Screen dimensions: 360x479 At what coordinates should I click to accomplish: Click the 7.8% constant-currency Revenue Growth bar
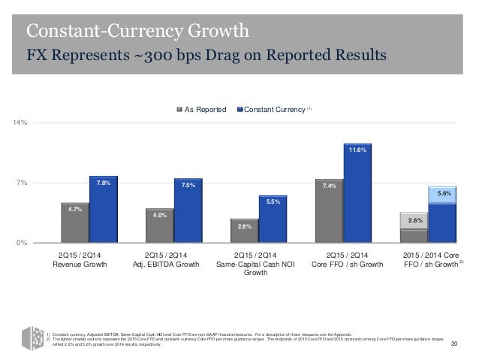pos(104,210)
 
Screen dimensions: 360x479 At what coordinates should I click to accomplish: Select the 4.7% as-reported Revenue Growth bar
pos(74,223)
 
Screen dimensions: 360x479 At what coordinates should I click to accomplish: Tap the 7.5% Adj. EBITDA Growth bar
pos(188,211)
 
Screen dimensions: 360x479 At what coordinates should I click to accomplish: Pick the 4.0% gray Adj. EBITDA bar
pos(159,226)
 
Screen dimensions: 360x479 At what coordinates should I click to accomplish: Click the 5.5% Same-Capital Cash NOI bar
pos(273,219)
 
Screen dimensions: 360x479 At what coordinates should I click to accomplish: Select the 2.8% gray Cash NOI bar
pos(244,231)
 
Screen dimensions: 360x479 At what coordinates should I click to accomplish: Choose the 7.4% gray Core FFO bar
pos(328,211)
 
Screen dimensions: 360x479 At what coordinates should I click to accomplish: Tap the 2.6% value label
pos(414,221)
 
